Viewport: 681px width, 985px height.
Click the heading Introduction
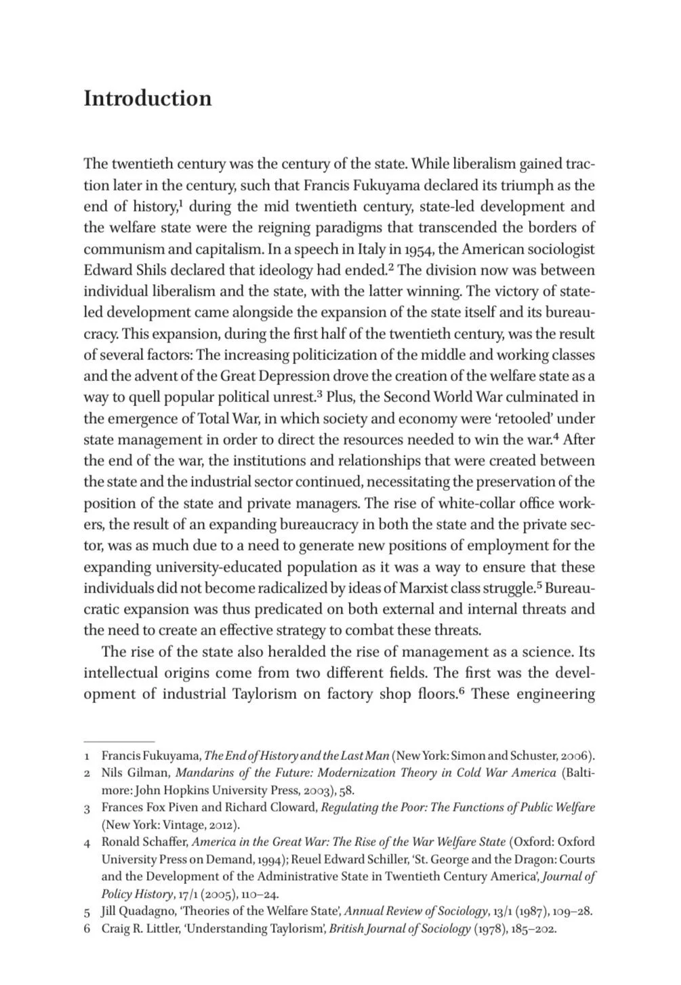click(x=147, y=98)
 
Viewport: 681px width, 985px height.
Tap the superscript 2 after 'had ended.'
click(x=391, y=266)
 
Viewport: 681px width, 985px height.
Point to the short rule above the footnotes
click(x=119, y=742)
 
